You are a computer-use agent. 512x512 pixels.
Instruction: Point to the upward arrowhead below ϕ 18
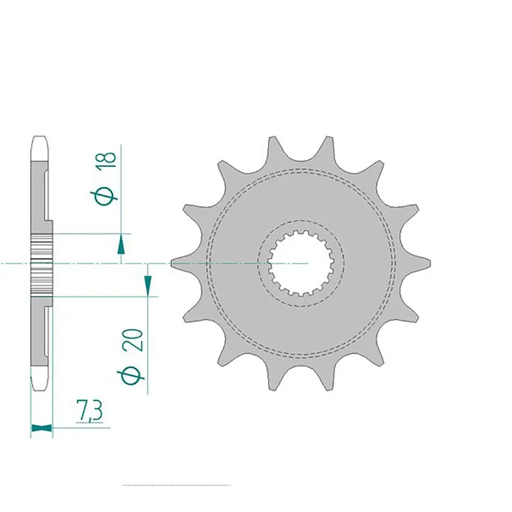[120, 242]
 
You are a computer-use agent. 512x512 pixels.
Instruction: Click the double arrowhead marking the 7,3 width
[42, 427]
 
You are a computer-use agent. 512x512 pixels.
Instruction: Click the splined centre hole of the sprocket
[301, 263]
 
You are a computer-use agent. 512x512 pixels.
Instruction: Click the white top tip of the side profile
[40, 147]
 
